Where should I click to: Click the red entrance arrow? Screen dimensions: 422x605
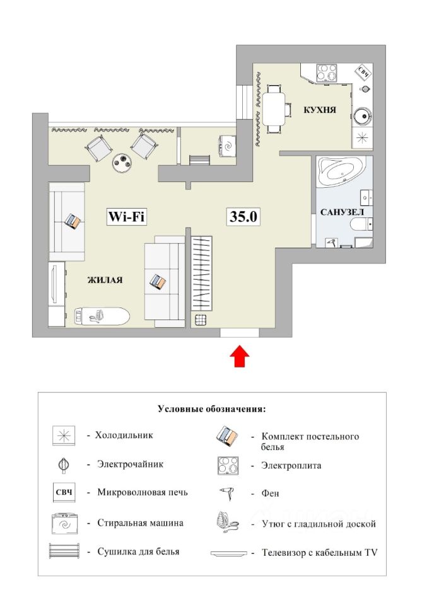(240, 356)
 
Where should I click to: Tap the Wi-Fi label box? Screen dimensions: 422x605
(127, 216)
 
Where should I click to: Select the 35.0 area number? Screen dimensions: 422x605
(243, 216)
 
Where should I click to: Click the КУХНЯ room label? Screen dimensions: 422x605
(320, 110)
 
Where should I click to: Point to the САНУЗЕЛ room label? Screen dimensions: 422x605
(342, 212)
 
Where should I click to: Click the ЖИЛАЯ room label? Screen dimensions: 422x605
(105, 280)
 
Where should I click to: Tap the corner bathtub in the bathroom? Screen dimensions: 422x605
(340, 171)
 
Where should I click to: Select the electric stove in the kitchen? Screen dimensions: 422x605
(326, 72)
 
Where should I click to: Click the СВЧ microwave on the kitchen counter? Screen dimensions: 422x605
(363, 72)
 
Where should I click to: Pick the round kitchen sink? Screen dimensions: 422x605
(363, 115)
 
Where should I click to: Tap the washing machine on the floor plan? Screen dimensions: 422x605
(227, 146)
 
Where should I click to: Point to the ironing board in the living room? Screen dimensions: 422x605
(101, 316)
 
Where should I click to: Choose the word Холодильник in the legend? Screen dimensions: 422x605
(124, 435)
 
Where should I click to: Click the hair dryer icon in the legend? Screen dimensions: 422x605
(228, 493)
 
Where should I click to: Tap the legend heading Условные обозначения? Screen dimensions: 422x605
(211, 409)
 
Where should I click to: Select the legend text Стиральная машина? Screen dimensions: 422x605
(140, 523)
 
